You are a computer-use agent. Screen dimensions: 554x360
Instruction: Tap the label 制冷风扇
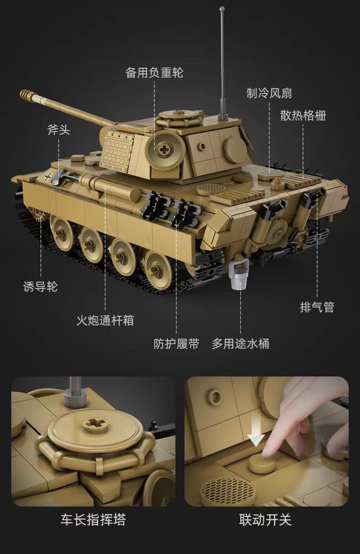click(269, 93)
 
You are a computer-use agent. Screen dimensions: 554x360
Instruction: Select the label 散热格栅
click(303, 116)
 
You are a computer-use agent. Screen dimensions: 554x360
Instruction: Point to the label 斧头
click(58, 130)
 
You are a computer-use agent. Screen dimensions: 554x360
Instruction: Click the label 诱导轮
click(40, 287)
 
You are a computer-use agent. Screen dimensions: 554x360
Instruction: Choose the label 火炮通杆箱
click(105, 320)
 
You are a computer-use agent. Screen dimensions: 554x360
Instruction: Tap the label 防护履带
click(176, 344)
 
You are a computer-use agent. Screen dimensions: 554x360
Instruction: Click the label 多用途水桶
click(240, 344)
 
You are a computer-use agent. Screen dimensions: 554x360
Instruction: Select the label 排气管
click(317, 307)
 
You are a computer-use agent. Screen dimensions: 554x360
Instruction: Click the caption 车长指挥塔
click(93, 520)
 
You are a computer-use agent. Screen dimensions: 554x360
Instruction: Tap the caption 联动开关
click(265, 520)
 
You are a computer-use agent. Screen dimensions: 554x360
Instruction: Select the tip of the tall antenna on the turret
click(222, 9)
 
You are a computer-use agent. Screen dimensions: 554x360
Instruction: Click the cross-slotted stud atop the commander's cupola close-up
click(95, 425)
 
